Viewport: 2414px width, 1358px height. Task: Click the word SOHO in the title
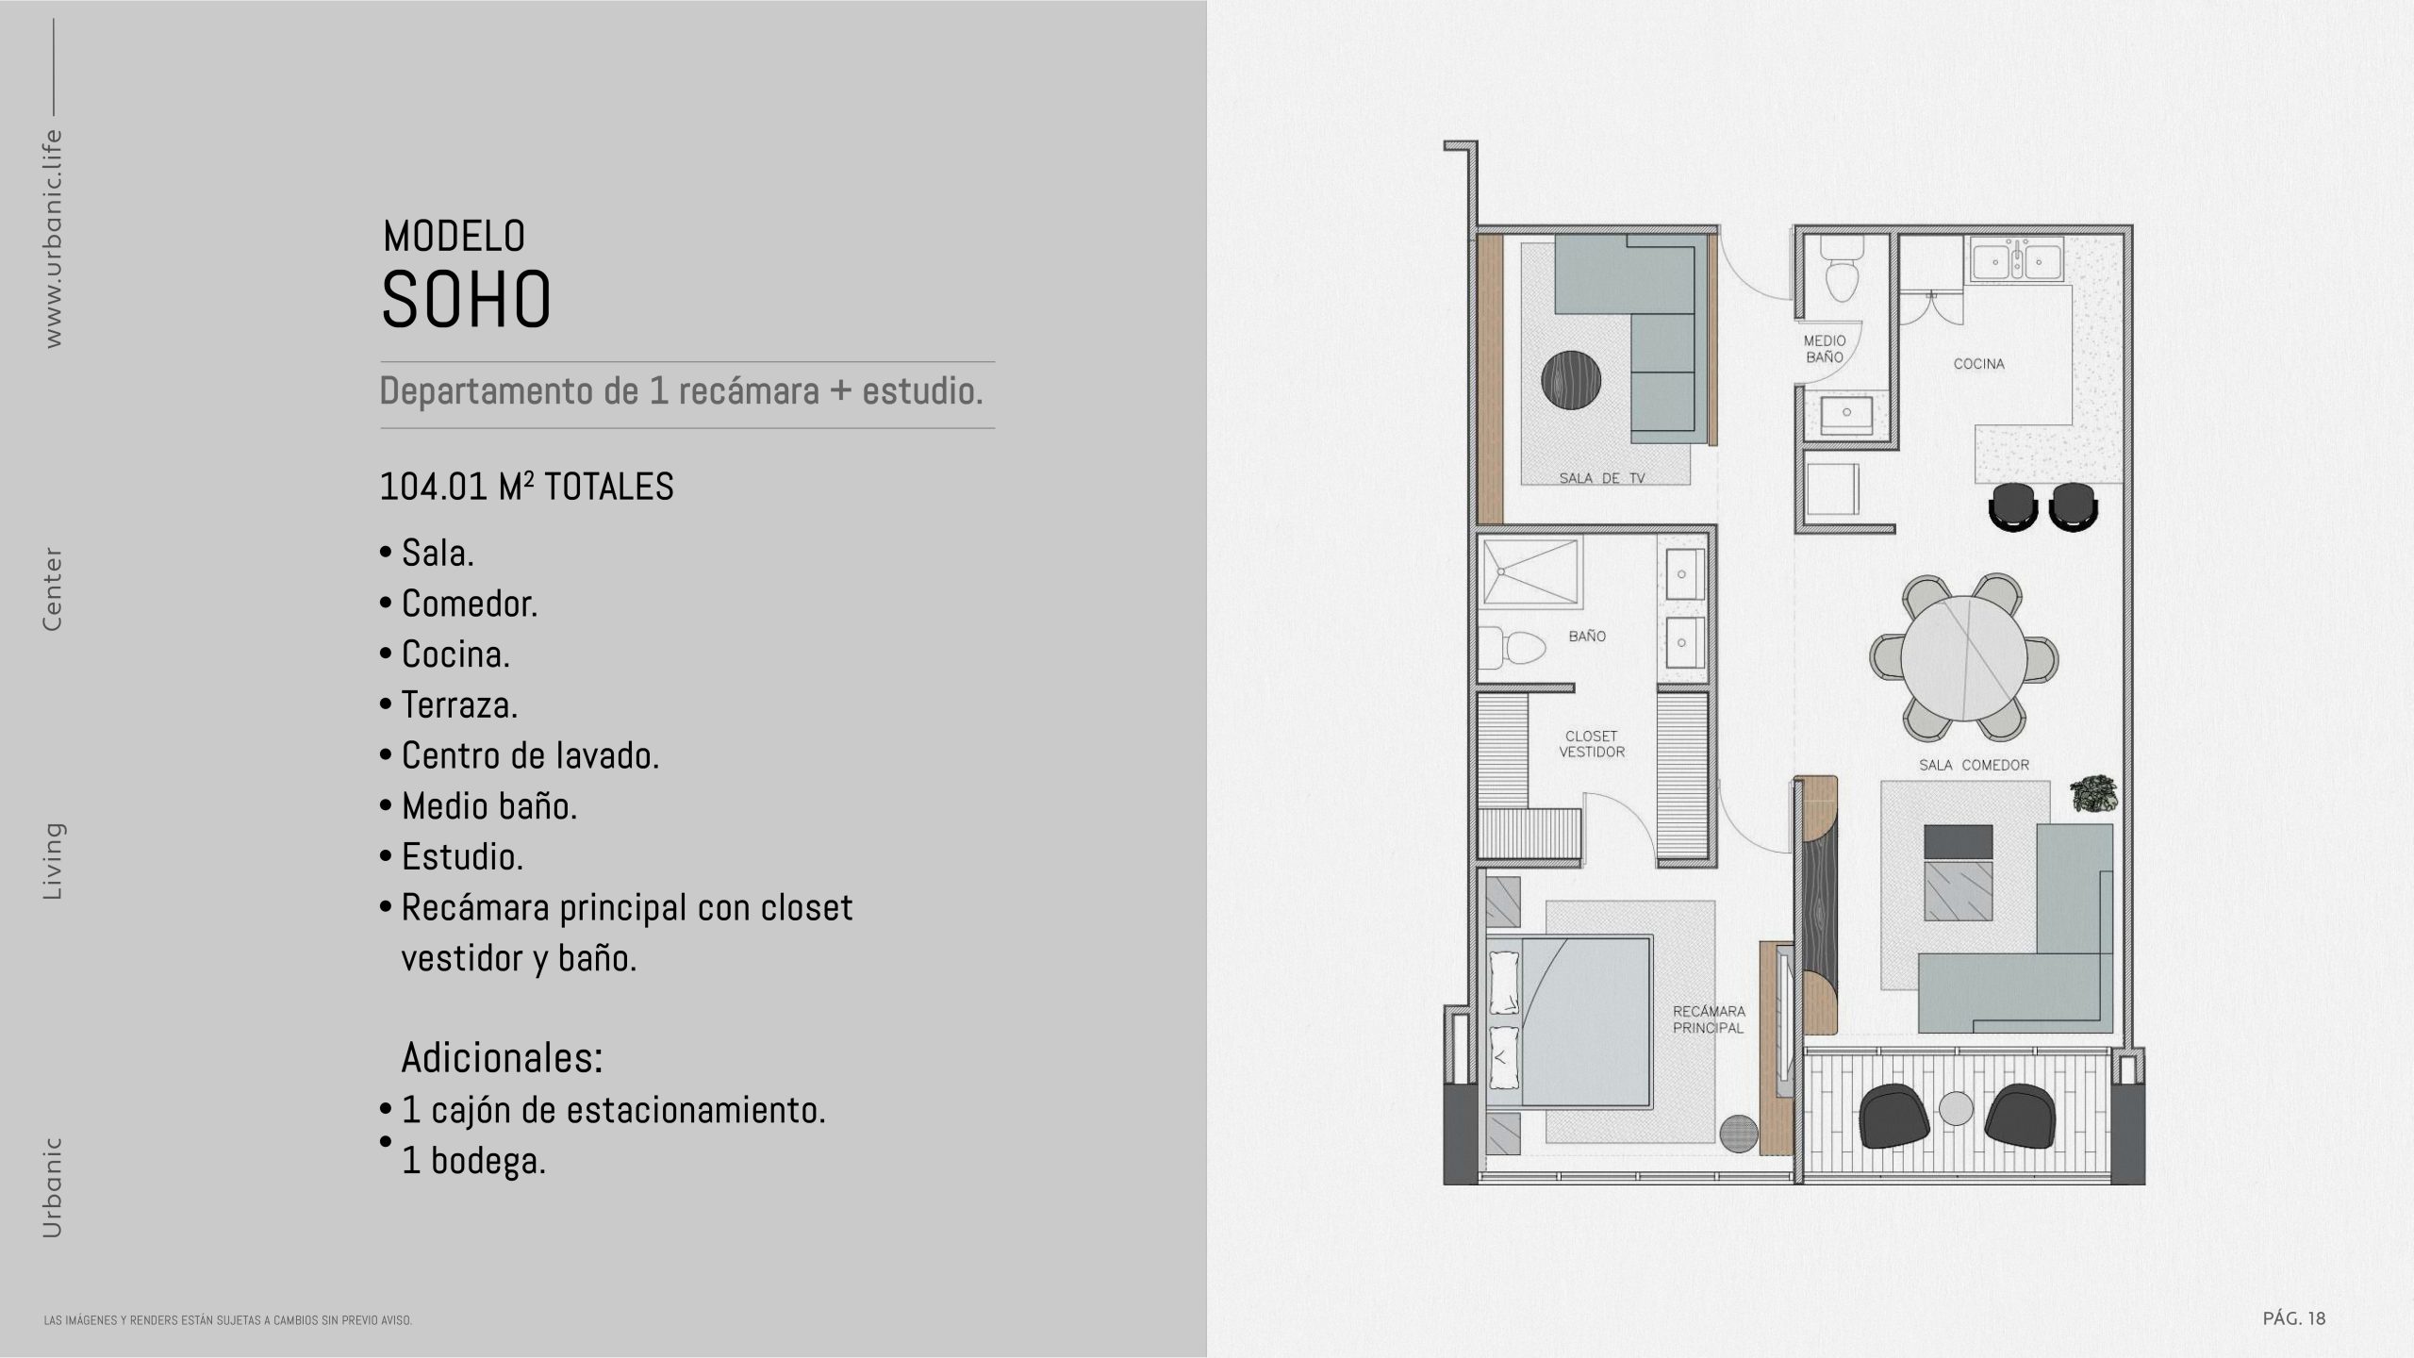click(x=466, y=300)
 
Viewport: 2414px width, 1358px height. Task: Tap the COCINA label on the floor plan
click(x=1978, y=364)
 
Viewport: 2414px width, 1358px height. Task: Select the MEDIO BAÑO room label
click(x=1825, y=349)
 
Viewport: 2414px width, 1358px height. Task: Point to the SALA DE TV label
click(x=1602, y=478)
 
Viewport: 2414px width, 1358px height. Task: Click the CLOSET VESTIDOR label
click(x=1592, y=744)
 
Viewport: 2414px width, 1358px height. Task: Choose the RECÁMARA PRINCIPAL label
click(x=1709, y=1019)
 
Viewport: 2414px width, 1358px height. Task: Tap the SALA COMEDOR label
click(x=1974, y=766)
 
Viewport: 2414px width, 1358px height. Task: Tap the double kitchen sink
click(x=2016, y=258)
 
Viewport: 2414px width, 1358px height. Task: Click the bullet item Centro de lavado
click(x=530, y=755)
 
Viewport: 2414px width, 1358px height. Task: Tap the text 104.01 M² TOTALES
click(x=526, y=487)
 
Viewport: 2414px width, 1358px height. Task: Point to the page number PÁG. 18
click(x=2294, y=1318)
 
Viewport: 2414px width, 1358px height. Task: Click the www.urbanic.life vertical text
click(x=53, y=238)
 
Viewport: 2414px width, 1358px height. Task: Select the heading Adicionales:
click(x=502, y=1058)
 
